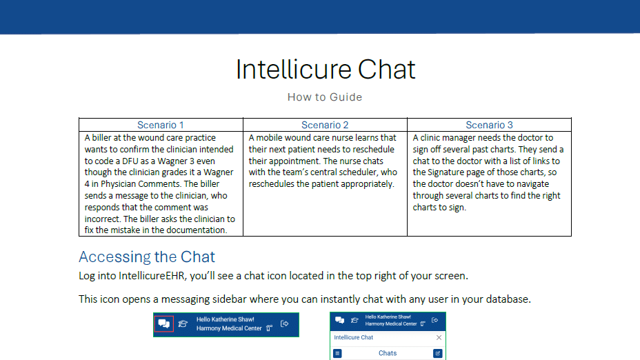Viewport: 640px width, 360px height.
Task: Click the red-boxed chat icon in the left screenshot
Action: pos(163,323)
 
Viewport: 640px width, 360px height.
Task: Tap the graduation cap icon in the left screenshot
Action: pos(183,323)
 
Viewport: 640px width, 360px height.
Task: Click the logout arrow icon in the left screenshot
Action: pos(285,323)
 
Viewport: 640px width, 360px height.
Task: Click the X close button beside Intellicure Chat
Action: pos(439,337)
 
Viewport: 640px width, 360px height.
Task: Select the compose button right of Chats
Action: pos(437,353)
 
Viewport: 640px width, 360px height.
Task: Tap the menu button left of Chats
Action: pos(337,353)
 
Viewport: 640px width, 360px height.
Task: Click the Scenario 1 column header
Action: pos(161,125)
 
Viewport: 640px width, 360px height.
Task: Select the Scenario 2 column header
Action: pos(325,125)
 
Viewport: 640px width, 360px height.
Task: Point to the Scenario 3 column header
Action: pos(489,125)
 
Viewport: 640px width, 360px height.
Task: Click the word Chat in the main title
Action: pos(386,70)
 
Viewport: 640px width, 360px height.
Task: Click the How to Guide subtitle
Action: pos(325,97)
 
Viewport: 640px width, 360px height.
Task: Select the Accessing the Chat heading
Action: pos(147,257)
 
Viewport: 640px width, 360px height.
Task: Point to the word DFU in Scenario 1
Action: pos(130,161)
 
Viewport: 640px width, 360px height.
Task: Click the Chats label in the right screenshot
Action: pos(388,353)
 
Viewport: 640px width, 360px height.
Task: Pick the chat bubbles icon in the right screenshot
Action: pos(339,320)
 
